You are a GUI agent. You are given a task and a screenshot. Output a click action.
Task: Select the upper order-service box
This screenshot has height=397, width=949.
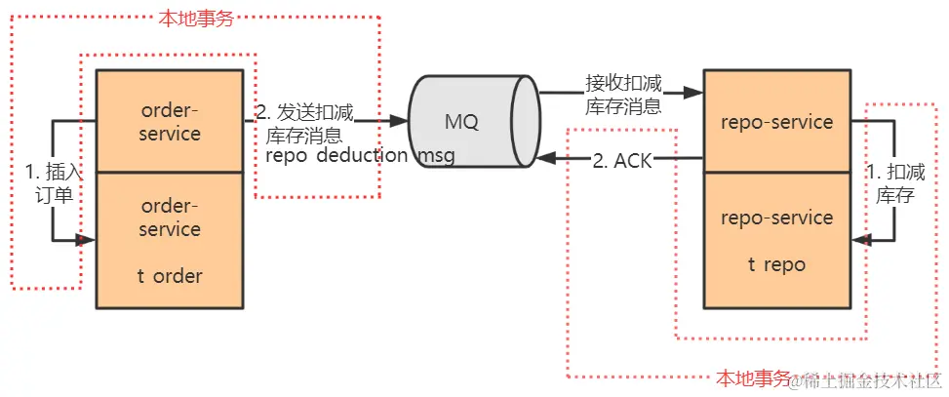click(169, 121)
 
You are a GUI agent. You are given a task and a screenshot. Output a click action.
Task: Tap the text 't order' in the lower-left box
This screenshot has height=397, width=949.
click(169, 276)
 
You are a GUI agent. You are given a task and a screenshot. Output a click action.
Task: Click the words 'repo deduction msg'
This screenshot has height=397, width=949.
click(359, 156)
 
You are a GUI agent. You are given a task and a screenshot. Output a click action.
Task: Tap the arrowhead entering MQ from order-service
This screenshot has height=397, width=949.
click(399, 122)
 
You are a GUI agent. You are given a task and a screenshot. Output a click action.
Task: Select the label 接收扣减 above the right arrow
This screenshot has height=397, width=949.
click(623, 81)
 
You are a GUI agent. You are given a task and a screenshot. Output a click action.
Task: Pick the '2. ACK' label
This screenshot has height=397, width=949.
click(622, 159)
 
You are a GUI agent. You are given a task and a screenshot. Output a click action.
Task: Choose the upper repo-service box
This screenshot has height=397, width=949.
click(776, 121)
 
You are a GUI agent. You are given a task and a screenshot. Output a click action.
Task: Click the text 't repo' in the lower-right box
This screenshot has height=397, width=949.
click(776, 263)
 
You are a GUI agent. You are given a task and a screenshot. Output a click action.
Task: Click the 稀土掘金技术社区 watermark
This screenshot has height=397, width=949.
click(867, 380)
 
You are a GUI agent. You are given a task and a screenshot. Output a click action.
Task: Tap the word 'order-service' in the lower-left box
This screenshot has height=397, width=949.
click(169, 218)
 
